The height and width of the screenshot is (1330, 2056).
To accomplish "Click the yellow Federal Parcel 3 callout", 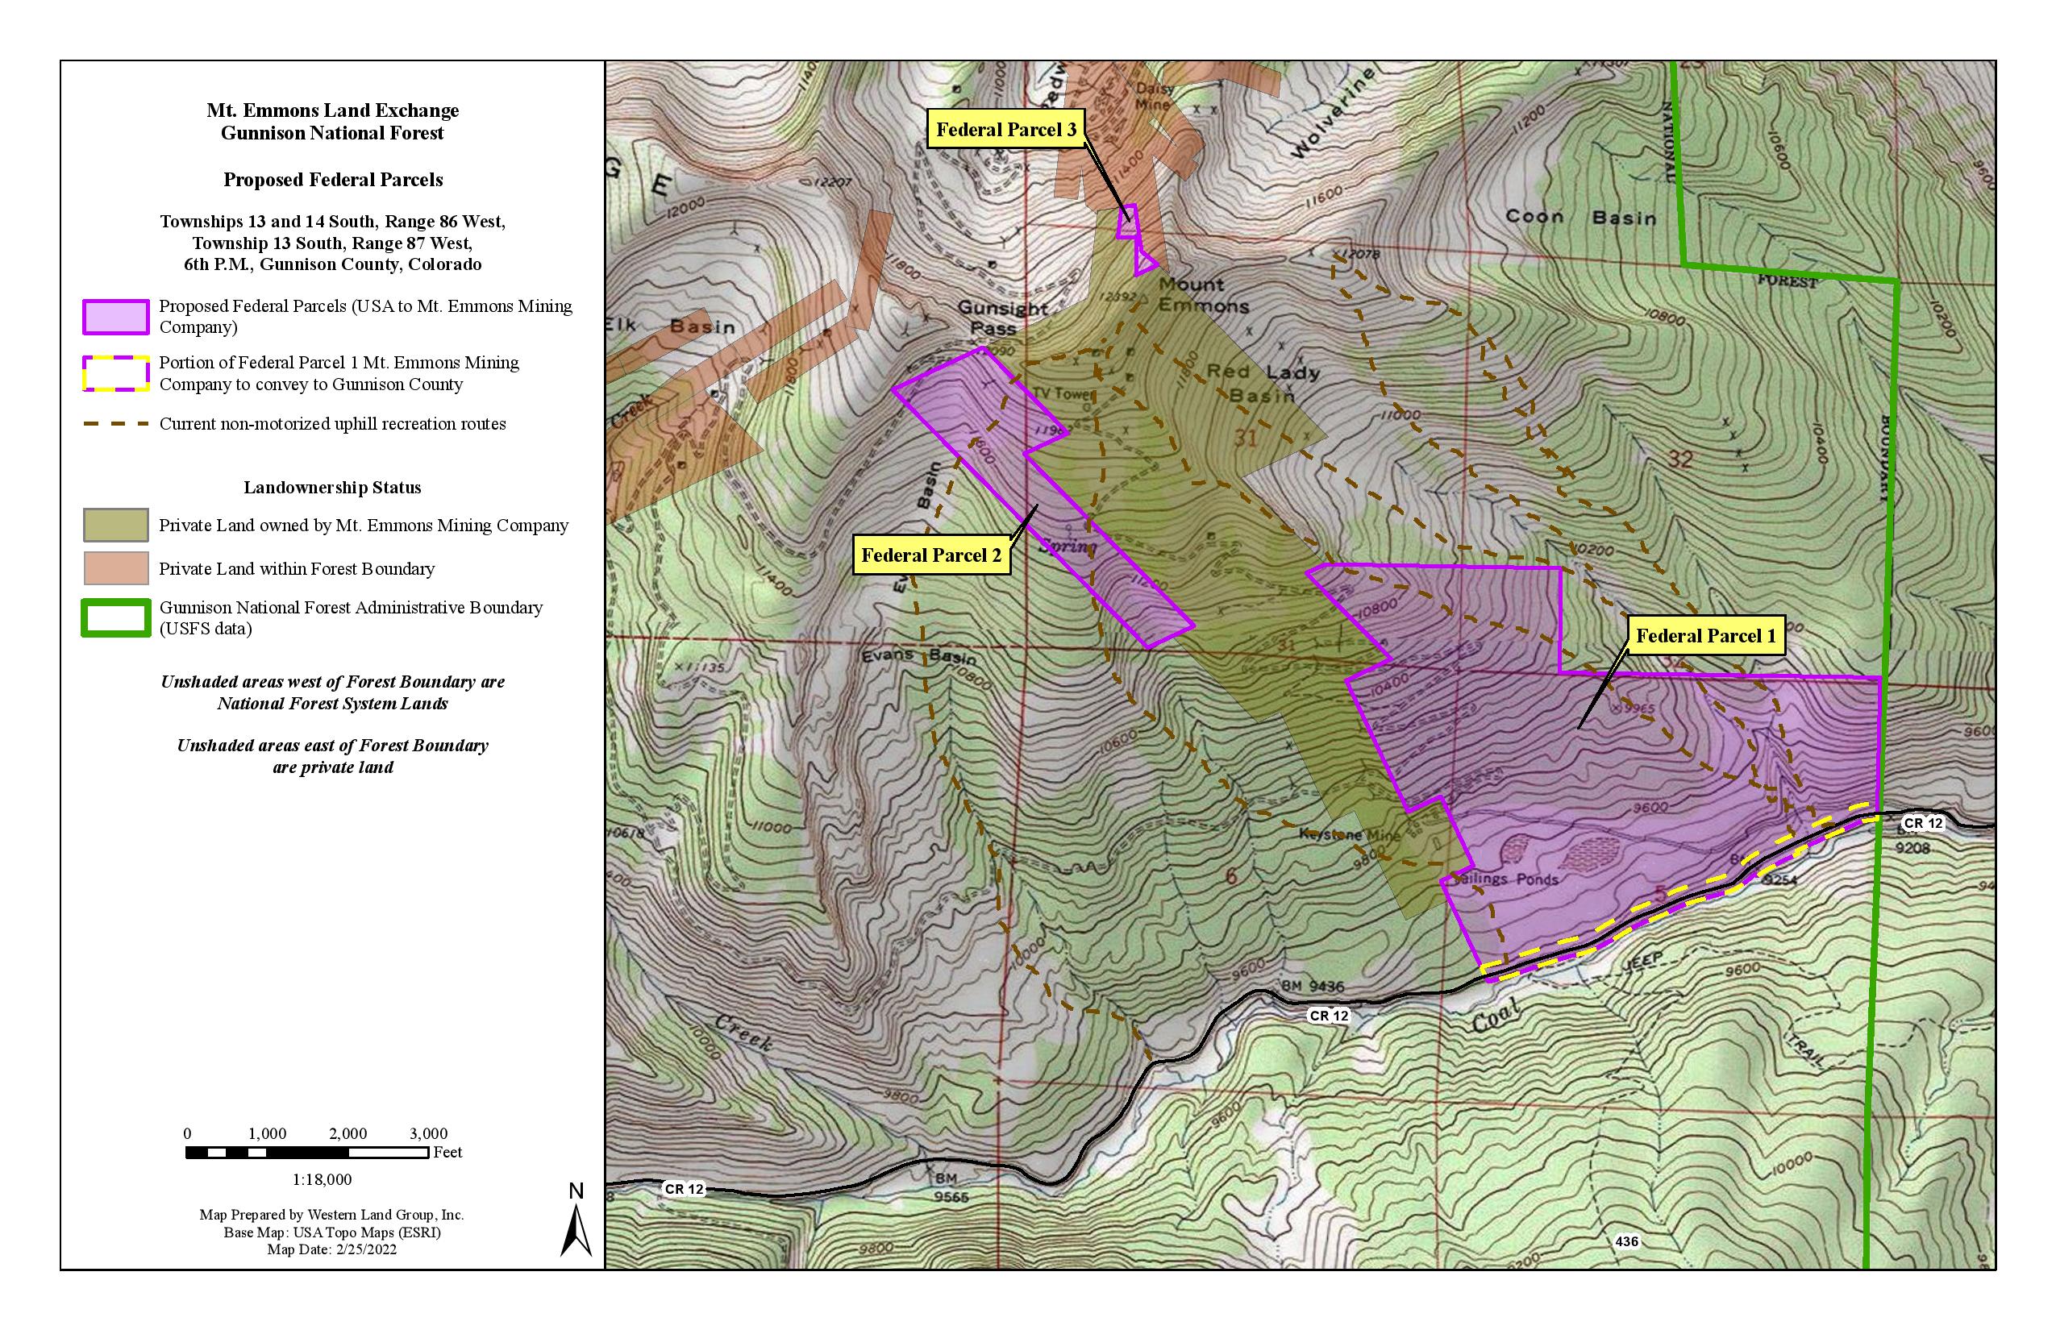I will point(1005,130).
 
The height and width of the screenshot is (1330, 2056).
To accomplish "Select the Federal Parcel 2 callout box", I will point(931,555).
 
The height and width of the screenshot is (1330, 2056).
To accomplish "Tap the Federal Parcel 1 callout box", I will point(1705,637).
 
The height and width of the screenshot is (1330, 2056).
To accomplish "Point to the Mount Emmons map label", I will point(1202,295).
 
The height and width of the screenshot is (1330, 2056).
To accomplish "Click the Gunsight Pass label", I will point(1002,318).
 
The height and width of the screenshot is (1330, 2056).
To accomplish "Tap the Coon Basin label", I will point(1580,217).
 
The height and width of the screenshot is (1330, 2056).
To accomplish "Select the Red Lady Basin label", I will point(1262,384).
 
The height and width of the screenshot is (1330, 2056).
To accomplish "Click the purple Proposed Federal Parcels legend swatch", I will point(116,317).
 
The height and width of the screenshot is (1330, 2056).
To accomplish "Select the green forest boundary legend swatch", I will point(116,618).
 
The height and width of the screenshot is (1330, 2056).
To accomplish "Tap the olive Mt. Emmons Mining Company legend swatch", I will point(116,525).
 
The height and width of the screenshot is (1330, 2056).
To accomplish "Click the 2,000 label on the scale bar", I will point(348,1134).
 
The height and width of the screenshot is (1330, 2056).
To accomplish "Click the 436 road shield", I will point(1625,1241).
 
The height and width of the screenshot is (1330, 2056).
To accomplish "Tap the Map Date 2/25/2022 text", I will point(331,1249).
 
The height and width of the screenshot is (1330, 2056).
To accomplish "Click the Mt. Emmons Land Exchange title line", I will point(332,110).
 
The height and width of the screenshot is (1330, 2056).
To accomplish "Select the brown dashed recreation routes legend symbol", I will point(116,424).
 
